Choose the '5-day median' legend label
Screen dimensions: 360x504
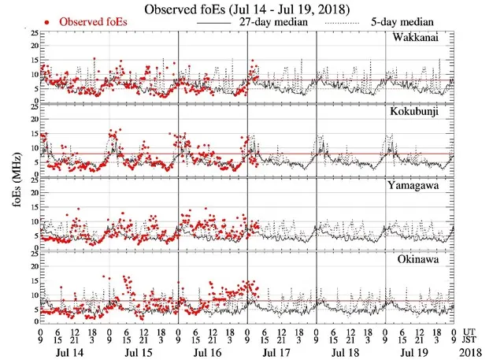point(398,22)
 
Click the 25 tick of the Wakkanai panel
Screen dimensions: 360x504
point(31,33)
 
